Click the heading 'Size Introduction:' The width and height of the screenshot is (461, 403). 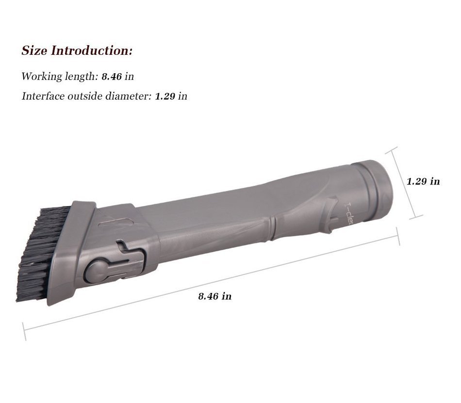coord(77,50)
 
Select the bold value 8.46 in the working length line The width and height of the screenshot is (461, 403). coord(112,77)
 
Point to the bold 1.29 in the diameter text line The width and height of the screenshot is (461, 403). coord(165,97)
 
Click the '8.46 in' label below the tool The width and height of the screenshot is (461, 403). coord(214,296)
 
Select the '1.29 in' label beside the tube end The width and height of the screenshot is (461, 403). coord(423,181)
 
